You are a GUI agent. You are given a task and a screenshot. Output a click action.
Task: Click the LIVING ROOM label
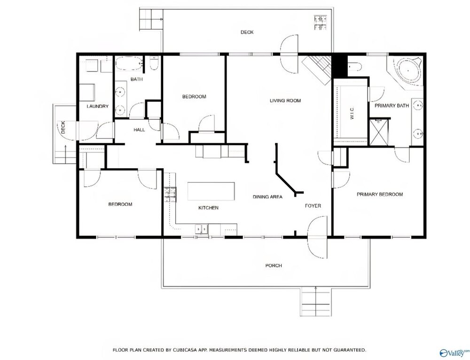coord(285,101)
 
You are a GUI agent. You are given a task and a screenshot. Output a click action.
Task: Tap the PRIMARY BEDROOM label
coord(379,194)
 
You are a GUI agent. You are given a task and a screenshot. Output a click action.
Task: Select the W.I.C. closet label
coord(352,113)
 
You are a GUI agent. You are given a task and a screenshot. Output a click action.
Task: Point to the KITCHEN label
coord(208,208)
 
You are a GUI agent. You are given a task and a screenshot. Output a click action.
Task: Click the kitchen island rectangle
coord(211,191)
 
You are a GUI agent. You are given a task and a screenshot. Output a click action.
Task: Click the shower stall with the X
coord(379,132)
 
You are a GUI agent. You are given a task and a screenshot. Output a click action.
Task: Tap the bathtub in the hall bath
coord(129,63)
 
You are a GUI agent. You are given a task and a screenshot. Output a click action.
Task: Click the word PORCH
coord(274,266)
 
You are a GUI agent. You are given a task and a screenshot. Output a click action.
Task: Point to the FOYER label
coord(313,206)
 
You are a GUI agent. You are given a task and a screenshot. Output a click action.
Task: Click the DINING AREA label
coord(267,197)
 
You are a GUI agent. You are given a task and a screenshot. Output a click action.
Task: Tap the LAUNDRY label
coord(97,106)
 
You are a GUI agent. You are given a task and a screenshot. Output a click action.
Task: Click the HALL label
coord(139,130)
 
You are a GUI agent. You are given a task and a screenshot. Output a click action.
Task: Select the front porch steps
coord(316,301)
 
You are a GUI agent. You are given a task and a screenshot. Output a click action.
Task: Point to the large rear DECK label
coord(247,32)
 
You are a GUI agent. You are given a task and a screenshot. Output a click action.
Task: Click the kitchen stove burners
coord(170,195)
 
